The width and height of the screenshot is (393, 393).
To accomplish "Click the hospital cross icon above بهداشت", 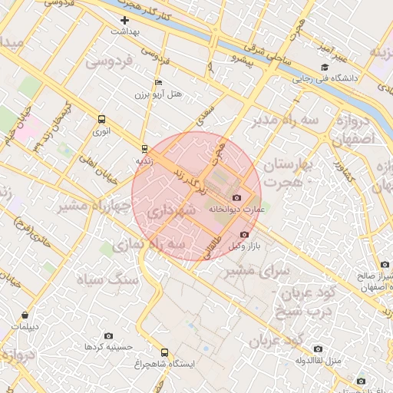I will coord(124,20).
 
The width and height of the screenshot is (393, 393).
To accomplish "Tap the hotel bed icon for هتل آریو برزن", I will coord(159,82).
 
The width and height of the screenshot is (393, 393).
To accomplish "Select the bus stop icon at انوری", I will coord(101,119).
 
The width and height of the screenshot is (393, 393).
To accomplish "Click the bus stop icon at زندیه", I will coord(144,148).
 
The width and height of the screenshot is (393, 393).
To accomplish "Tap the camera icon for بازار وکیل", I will coord(244,234).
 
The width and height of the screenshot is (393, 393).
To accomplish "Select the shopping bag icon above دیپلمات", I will coord(25,315).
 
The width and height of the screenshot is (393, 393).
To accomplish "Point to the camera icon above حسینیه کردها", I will coord(107,336).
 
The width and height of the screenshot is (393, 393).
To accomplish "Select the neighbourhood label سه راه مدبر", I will coord(273,121).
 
